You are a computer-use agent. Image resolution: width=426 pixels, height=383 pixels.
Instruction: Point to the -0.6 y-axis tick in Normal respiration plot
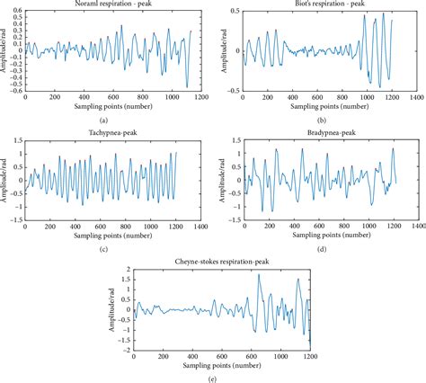point(15,90)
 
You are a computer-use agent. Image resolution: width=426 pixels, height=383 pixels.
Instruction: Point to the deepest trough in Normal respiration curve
point(187,87)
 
